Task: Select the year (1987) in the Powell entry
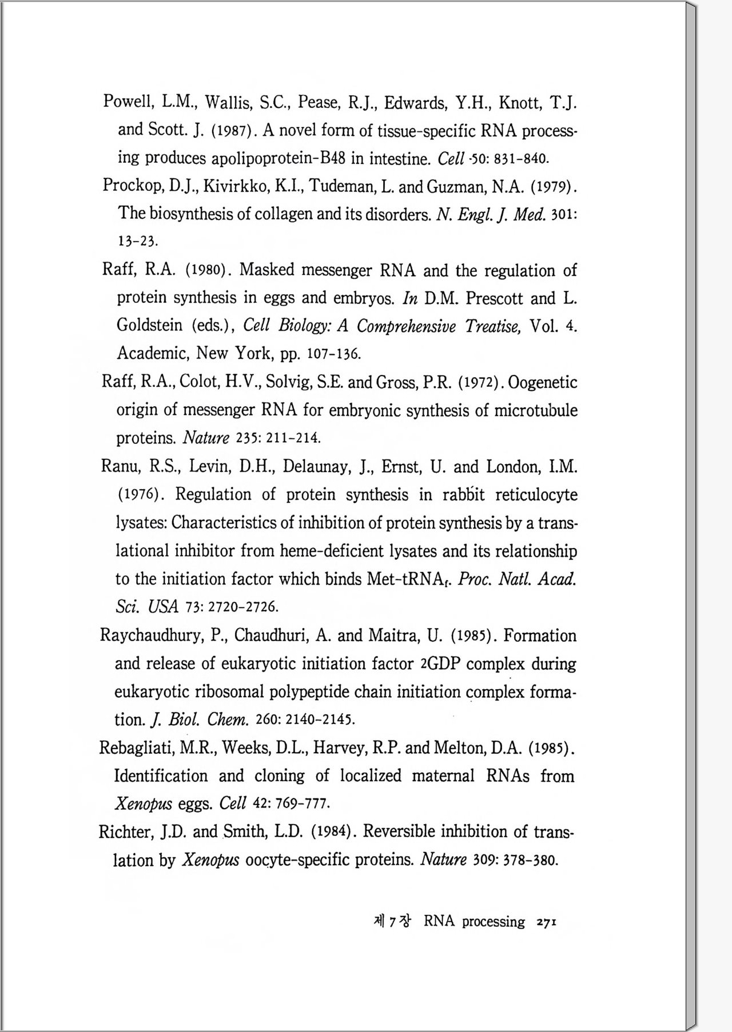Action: (232, 130)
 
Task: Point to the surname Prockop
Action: (132, 186)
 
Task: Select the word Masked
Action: (266, 270)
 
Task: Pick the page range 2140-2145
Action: (320, 719)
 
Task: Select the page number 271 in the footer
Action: (547, 922)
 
